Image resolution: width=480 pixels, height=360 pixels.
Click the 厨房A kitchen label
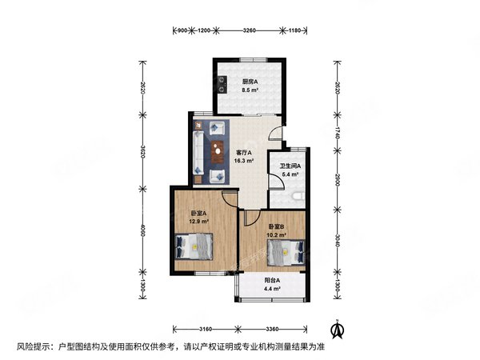[249, 80]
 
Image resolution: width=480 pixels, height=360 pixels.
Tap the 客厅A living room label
[243, 152]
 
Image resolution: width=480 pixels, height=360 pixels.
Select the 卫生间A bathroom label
[289, 166]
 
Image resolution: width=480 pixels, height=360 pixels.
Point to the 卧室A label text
[198, 213]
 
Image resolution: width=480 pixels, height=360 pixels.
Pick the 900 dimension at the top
[182, 31]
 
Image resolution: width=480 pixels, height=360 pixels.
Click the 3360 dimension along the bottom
[271, 330]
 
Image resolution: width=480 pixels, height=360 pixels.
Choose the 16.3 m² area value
[244, 160]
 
